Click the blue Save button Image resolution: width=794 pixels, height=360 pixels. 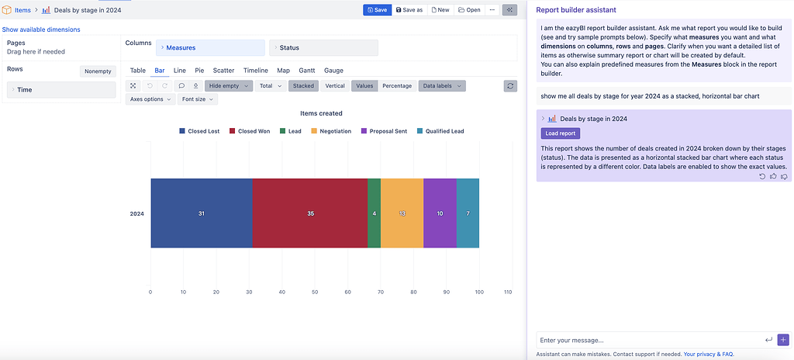pos(377,10)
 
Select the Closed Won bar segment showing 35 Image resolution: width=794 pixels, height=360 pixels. pos(309,213)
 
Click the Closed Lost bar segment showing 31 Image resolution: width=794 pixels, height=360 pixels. pos(201,213)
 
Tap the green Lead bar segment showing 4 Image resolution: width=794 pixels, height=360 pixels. pos(374,213)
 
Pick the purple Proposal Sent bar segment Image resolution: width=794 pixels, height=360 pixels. pos(440,213)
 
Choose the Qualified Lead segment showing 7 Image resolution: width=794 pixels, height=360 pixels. pos(468,213)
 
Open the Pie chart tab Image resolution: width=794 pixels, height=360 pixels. pos(199,71)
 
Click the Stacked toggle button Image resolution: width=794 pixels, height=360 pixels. pos(303,86)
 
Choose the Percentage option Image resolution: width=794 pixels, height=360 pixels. pos(397,86)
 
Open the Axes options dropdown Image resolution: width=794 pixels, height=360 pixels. pos(150,99)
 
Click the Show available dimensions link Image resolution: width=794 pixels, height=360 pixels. pos(41,29)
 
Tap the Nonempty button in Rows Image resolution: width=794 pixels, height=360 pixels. pos(98,71)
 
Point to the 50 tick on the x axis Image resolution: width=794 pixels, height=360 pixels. pos(315,292)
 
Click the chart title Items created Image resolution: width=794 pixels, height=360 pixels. pos(321,113)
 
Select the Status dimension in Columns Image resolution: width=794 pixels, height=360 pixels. pos(323,48)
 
